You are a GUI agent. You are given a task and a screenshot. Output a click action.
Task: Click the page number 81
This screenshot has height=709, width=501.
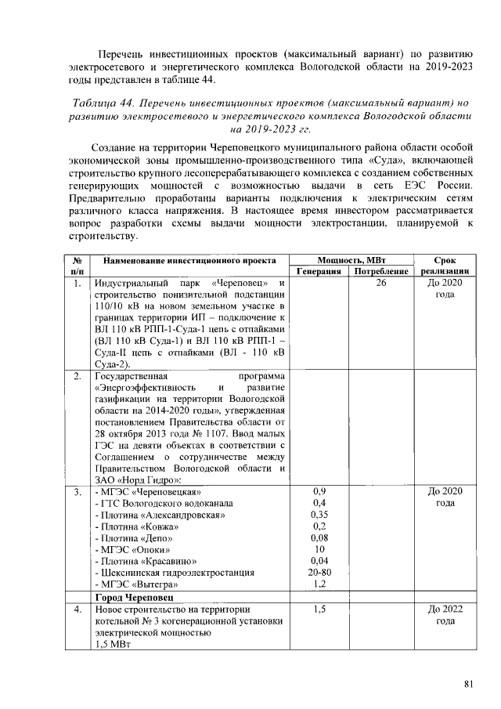468,684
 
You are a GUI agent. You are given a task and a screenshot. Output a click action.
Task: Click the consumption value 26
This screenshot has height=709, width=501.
381,282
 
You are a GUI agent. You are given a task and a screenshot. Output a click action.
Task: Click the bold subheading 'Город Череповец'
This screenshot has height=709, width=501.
131,596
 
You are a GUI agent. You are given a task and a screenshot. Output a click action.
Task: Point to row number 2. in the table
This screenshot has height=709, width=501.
77,376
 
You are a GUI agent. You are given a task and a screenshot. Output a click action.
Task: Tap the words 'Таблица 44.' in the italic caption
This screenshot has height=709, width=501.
103,103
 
